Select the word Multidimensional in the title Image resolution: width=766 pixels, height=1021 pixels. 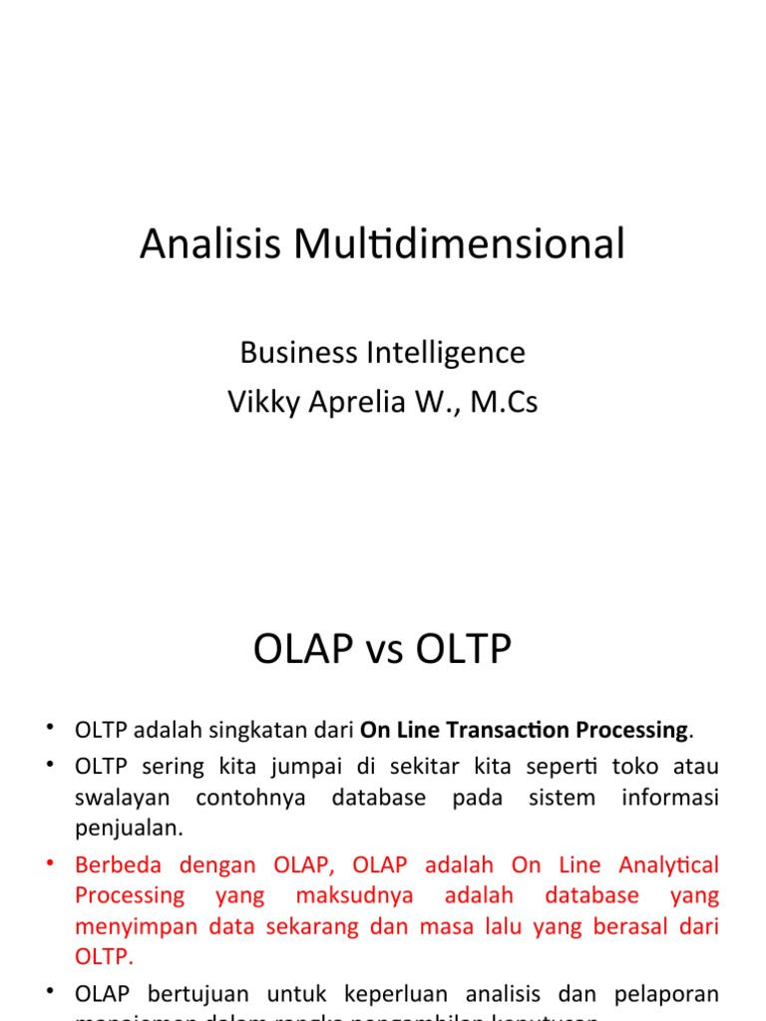(x=456, y=244)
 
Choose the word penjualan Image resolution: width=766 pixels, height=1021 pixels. (x=129, y=828)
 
